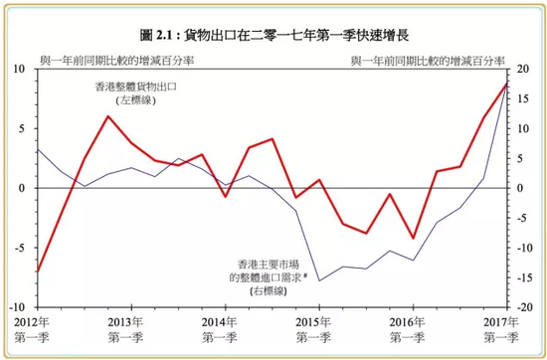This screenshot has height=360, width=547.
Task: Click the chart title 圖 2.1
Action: click(x=273, y=35)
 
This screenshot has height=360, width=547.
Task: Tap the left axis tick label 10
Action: click(x=19, y=69)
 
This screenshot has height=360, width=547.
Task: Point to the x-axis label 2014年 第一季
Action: click(x=219, y=331)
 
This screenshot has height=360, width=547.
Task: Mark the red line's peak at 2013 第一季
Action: click(x=107, y=116)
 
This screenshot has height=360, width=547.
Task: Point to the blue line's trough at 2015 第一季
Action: click(x=319, y=281)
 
